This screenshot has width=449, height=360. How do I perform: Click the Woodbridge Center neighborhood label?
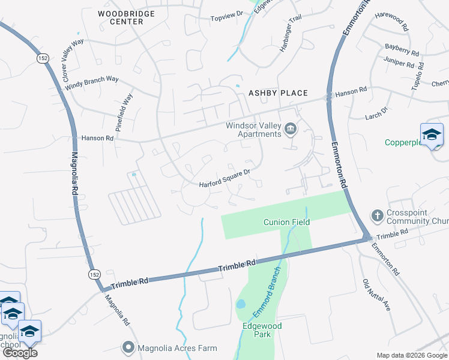[126, 17]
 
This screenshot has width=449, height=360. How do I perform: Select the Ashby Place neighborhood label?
[279, 93]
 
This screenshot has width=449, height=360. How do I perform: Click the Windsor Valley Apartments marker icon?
[291, 129]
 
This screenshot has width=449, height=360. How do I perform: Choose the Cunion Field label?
[286, 222]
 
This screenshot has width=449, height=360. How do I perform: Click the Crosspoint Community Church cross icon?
[377, 215]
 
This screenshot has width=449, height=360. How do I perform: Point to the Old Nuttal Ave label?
[377, 294]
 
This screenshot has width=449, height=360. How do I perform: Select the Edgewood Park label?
[262, 330]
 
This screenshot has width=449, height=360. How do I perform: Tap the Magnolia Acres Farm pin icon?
[128, 347]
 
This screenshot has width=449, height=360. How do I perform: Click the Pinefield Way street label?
[124, 112]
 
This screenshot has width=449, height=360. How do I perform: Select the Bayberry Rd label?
[403, 49]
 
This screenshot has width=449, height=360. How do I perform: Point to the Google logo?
[20, 353]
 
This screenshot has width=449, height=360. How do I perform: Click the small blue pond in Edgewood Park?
[241, 304]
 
